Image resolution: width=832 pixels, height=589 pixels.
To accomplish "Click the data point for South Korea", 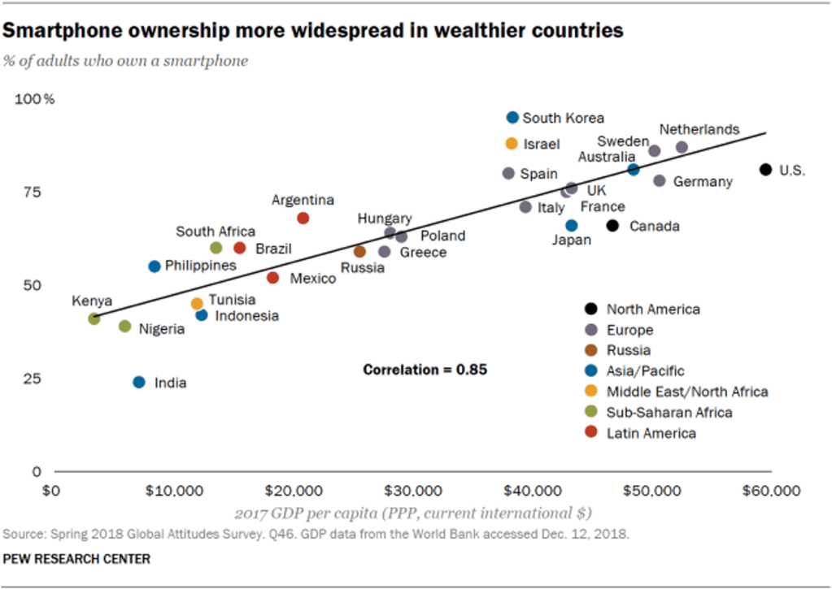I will point(512,117).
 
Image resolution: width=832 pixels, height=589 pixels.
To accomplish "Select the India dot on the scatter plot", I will point(139,382).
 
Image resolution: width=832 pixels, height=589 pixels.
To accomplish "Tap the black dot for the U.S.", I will point(765,169).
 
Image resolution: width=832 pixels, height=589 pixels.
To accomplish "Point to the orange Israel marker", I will point(512,144).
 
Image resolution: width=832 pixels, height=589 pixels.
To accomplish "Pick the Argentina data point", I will point(303,218).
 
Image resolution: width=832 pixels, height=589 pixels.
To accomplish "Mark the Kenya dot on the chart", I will point(94,318).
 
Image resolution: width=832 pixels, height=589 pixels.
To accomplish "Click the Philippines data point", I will point(155,266).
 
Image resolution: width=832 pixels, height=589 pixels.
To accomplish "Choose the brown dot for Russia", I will point(360,252).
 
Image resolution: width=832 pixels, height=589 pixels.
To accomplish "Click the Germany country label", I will point(703,181).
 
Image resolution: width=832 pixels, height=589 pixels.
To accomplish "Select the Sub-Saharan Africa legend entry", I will point(669,412).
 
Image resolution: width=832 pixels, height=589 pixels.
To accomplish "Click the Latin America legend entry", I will point(651,433).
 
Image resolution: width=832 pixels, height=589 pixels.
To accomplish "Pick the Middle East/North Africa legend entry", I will point(686,392).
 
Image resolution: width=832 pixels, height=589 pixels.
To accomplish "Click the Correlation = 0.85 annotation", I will point(425,370).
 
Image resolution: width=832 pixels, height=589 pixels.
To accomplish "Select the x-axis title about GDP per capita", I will point(413,513).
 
